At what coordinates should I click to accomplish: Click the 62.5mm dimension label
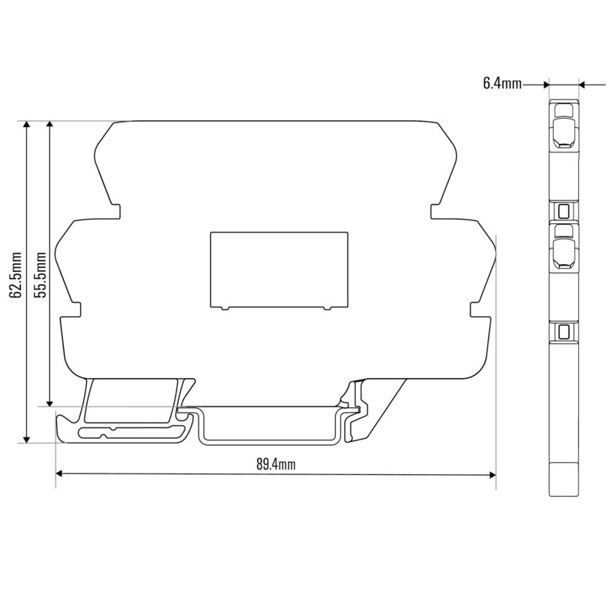(x=16, y=275)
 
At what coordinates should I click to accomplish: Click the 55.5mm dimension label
(x=40, y=275)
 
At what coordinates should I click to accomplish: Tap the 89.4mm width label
(x=276, y=464)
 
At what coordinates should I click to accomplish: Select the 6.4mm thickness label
(x=503, y=84)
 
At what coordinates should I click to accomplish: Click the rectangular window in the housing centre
(x=279, y=271)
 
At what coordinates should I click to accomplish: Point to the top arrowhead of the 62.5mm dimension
(x=26, y=125)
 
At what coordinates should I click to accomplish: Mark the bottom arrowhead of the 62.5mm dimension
(x=26, y=439)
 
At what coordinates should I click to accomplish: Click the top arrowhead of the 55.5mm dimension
(x=49, y=125)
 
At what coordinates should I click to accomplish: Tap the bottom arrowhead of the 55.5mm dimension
(x=49, y=403)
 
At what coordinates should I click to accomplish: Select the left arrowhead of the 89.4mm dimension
(x=59, y=474)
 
